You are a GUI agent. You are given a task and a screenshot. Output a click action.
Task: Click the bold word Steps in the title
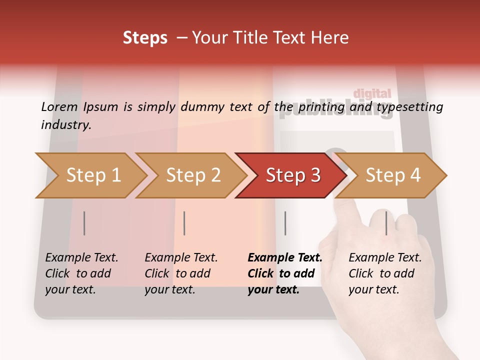coord(145,38)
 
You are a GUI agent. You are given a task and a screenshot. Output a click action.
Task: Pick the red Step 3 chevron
coord(292,175)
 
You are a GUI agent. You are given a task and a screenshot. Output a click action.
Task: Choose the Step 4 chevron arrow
coord(393,175)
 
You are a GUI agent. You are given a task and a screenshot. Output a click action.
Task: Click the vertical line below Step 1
coord(84,223)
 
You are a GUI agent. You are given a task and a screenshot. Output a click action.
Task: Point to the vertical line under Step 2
coord(184,223)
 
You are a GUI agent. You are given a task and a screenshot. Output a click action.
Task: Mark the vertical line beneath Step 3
coord(285,223)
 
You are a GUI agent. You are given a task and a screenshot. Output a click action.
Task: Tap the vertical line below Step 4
coord(386,223)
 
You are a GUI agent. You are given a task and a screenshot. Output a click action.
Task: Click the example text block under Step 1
coord(81,273)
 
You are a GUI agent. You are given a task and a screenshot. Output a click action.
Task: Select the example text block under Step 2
coord(181,273)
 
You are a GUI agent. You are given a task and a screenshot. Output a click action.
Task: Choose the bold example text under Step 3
coord(285,273)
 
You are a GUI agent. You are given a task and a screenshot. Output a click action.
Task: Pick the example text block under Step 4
coord(385,273)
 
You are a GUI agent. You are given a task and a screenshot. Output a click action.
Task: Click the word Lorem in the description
coord(59,106)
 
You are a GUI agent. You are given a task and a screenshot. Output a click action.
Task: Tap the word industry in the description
coord(66,125)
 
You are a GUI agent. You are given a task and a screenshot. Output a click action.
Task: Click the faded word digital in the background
coord(372,93)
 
